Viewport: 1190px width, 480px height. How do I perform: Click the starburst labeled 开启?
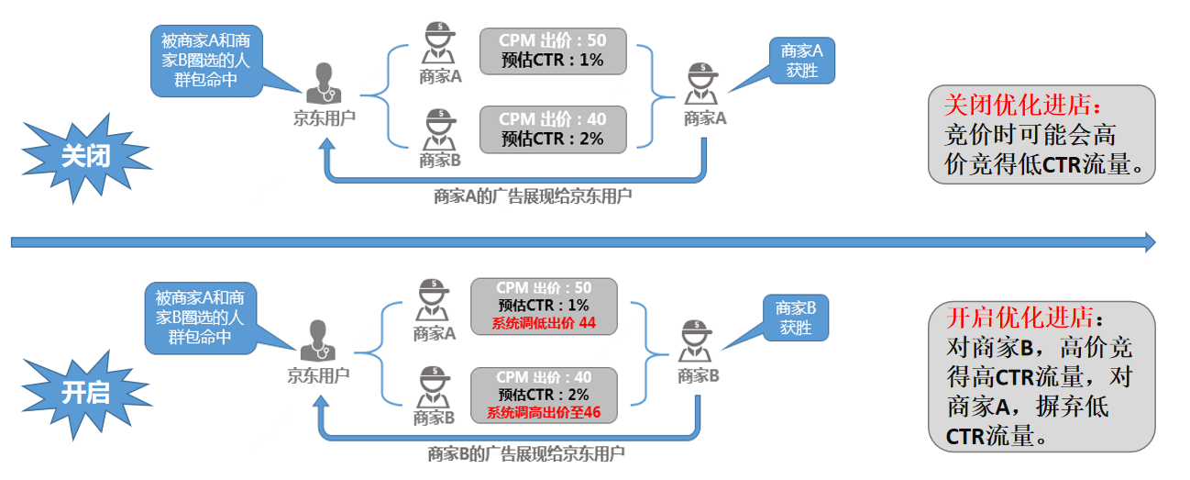pyautogui.click(x=85, y=392)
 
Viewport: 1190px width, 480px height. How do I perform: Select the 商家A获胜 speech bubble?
pyautogui.click(x=801, y=61)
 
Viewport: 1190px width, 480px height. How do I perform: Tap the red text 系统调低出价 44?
pyautogui.click(x=544, y=322)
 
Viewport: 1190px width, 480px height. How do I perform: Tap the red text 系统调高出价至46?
pyautogui.click(x=544, y=412)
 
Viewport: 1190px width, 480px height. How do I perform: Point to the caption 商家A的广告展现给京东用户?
pyautogui.click(x=533, y=195)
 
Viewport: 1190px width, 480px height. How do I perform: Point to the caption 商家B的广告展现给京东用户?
pyautogui.click(x=527, y=452)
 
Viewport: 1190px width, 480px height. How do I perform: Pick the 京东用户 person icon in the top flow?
pyautogui.click(x=323, y=84)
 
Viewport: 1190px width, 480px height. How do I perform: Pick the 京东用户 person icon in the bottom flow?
pyautogui.click(x=317, y=341)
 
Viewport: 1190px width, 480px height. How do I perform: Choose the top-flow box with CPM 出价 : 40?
pyautogui.click(x=553, y=128)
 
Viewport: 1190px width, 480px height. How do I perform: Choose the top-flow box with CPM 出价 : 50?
pyautogui.click(x=553, y=50)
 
